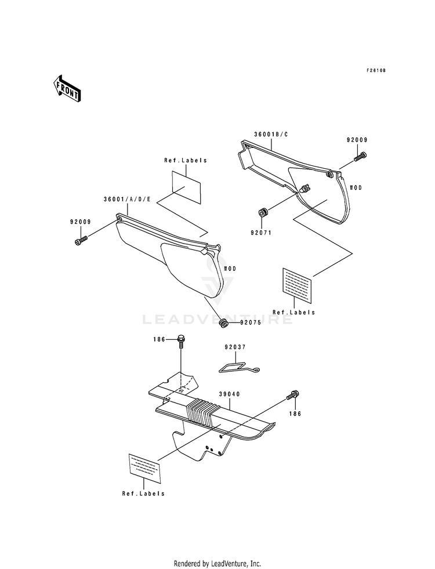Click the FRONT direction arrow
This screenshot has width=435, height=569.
point(66,89)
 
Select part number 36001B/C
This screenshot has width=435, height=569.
point(271,134)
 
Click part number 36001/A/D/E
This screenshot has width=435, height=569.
point(127,199)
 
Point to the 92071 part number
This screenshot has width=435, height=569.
point(260,233)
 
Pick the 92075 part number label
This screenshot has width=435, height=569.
point(251,322)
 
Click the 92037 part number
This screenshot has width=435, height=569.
point(235,347)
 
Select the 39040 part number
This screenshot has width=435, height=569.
point(229,394)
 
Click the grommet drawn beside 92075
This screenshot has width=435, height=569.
point(224,322)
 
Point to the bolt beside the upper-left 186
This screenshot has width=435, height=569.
point(181,341)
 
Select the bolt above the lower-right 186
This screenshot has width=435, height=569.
point(292,395)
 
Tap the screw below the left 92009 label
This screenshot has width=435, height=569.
point(81,241)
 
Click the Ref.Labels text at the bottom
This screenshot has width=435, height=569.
point(143,494)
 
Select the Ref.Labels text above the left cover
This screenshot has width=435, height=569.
point(186,160)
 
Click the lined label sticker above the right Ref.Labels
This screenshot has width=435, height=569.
point(296,285)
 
